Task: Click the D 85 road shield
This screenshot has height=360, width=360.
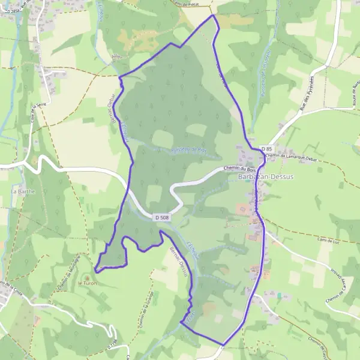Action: (267, 149)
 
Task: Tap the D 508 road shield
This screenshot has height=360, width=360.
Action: (160, 217)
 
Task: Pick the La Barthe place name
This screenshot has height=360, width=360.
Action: (23, 191)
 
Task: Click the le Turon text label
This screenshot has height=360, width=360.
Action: (87, 283)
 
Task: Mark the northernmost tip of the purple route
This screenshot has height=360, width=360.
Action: (213, 15)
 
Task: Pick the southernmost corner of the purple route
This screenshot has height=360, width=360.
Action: (223, 345)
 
